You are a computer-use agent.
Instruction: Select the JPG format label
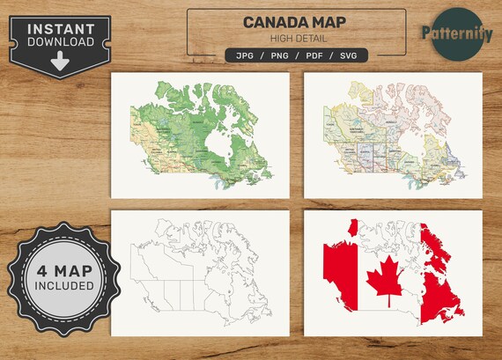(244, 55)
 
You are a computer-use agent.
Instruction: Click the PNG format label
(277, 55)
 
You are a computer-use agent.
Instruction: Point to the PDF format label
(312, 55)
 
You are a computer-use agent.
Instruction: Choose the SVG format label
(348, 55)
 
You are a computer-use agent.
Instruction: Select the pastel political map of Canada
(392, 132)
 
